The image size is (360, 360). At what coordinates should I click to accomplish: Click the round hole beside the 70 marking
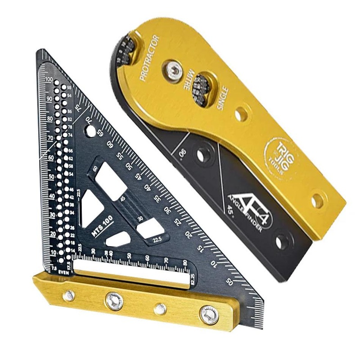coord(90,132)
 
